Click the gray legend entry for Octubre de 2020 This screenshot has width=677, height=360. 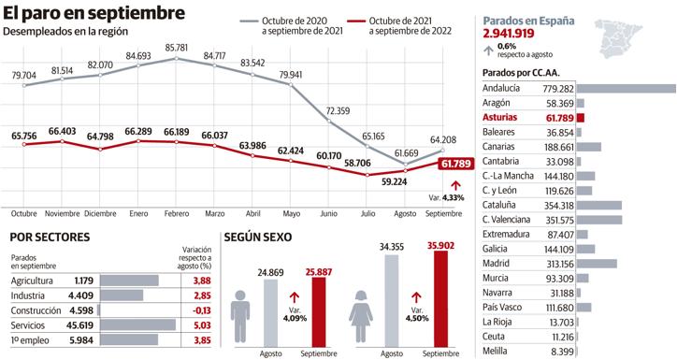(x=295, y=25)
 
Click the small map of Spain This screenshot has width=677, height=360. (x=639, y=32)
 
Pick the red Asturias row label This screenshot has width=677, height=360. (x=505, y=119)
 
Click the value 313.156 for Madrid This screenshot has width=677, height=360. (x=555, y=263)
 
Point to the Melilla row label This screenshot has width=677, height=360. (x=497, y=352)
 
